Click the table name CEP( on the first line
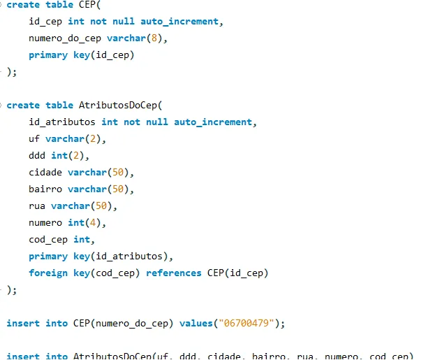(x=89, y=5)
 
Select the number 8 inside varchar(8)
(x=157, y=38)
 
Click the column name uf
(x=34, y=139)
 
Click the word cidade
(x=45, y=173)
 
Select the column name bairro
(x=45, y=189)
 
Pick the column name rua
(x=37, y=206)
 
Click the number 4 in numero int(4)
(x=96, y=223)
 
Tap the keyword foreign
(x=48, y=273)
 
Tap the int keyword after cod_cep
(x=82, y=240)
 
